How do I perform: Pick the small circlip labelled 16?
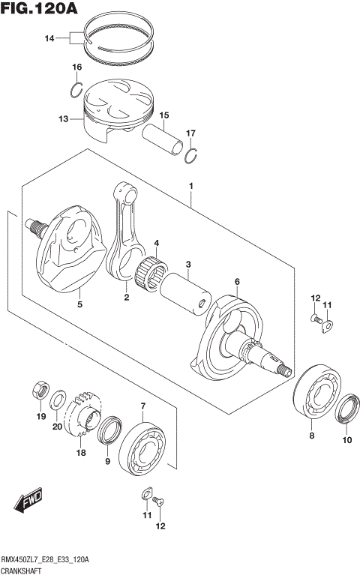[x=76, y=91]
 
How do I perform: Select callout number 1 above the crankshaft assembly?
[x=191, y=185]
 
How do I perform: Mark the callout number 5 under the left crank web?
[x=79, y=305]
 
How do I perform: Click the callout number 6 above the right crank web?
[x=236, y=282]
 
